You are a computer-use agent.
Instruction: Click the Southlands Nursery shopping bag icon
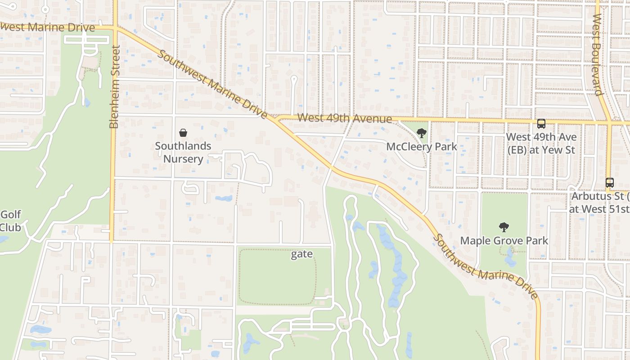(x=183, y=133)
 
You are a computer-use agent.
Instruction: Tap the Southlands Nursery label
(x=183, y=153)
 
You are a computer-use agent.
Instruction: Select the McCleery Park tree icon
(x=422, y=133)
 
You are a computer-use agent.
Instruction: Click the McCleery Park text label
(x=422, y=147)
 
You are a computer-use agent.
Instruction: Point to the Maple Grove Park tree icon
(x=504, y=227)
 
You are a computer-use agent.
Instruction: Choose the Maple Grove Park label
(x=504, y=241)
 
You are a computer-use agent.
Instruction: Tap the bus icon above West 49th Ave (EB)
(x=541, y=123)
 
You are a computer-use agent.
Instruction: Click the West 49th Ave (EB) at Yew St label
(x=541, y=143)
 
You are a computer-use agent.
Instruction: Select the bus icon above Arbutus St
(x=610, y=183)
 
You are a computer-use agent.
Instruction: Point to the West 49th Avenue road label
(x=344, y=118)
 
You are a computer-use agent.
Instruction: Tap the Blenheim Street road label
(x=114, y=86)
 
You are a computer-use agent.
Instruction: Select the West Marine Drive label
(x=47, y=27)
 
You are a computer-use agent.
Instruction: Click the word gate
(x=301, y=254)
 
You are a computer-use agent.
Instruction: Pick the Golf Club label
(x=10, y=220)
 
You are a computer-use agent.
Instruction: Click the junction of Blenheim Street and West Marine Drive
(x=115, y=28)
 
